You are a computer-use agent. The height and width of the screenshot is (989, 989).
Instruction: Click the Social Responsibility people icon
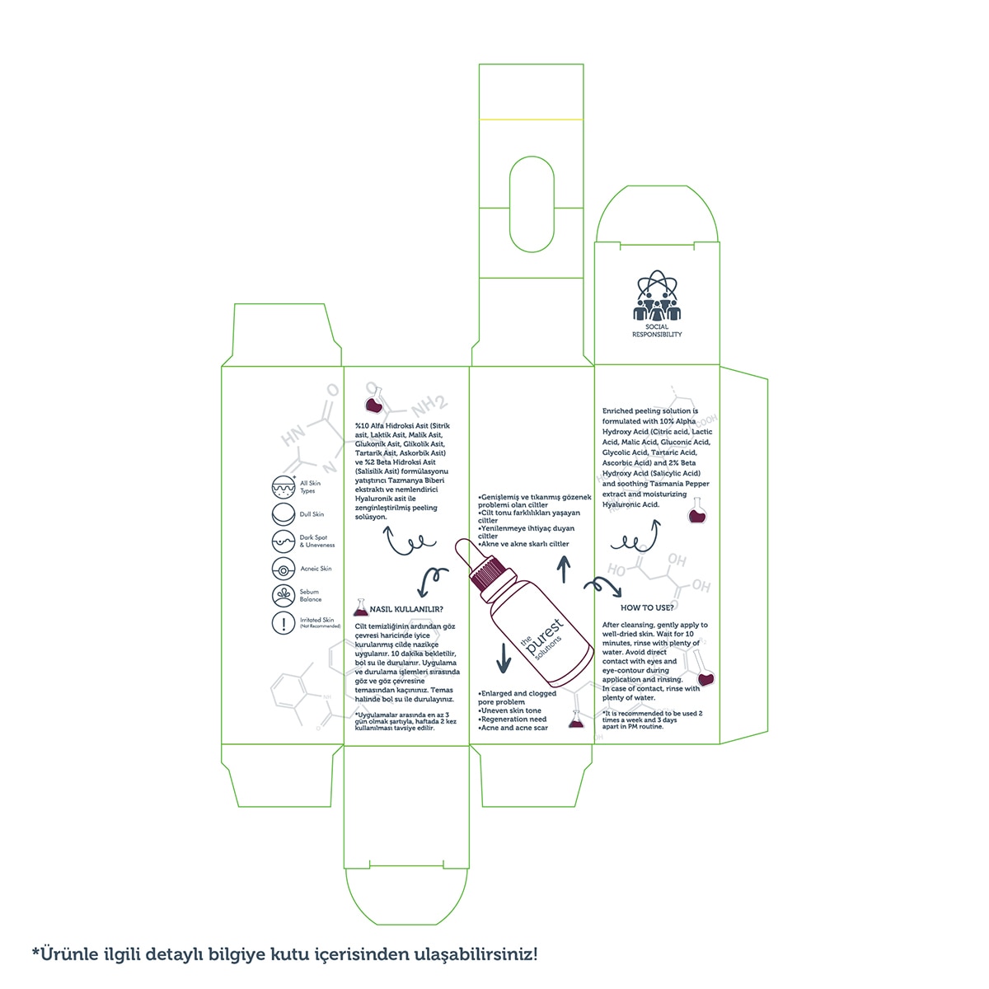pos(657,296)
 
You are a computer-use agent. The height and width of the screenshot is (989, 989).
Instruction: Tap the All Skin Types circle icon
pos(284,487)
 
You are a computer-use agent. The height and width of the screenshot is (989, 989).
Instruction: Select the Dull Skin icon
pos(284,514)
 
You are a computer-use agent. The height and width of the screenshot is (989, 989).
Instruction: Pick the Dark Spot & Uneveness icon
pos(284,541)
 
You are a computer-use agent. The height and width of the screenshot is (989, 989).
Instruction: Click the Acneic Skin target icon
pos(284,569)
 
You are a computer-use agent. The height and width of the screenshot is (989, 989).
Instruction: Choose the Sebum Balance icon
pos(284,595)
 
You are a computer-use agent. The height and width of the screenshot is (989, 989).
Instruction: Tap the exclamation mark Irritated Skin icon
pos(284,623)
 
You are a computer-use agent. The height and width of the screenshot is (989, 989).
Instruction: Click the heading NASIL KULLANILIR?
pos(406,610)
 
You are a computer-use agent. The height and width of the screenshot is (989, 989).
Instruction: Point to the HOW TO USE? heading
pos(647,607)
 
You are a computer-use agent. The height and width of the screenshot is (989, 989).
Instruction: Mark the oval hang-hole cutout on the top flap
pos(531,204)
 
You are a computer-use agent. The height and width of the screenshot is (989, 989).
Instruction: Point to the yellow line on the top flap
pos(531,120)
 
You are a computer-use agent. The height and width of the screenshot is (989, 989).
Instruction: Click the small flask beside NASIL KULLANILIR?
pos(360,608)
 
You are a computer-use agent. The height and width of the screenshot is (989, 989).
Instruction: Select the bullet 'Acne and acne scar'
pos(513,728)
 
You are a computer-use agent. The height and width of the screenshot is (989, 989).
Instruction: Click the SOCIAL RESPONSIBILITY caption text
pos(657,330)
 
